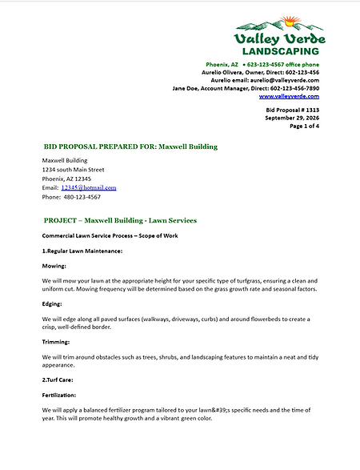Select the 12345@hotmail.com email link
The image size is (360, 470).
point(89,187)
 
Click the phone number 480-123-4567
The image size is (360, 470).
point(82,196)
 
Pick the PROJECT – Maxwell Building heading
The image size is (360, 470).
point(120,220)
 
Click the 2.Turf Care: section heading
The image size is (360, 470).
point(60,380)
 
